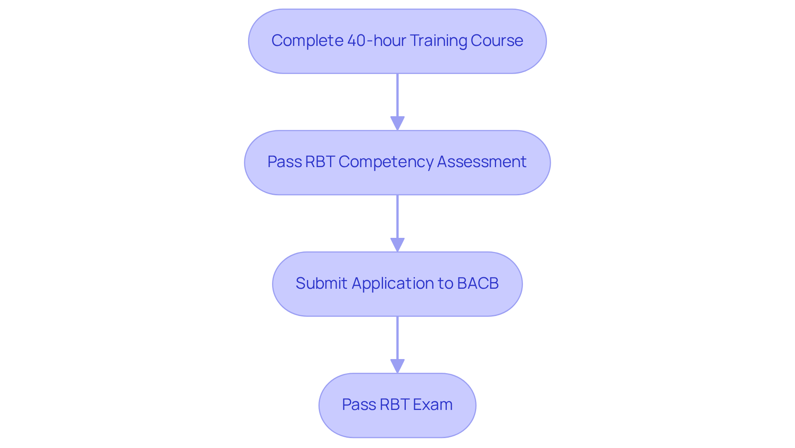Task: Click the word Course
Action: coord(496,41)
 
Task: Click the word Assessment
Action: coord(482,162)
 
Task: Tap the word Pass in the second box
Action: coord(284,162)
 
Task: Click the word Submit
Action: coord(321,283)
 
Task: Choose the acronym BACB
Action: coord(478,283)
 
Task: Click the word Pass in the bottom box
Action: coord(359,405)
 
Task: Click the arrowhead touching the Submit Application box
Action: coord(397,245)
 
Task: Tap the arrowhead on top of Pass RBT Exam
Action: coord(397,366)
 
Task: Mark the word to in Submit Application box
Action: coord(446,284)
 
